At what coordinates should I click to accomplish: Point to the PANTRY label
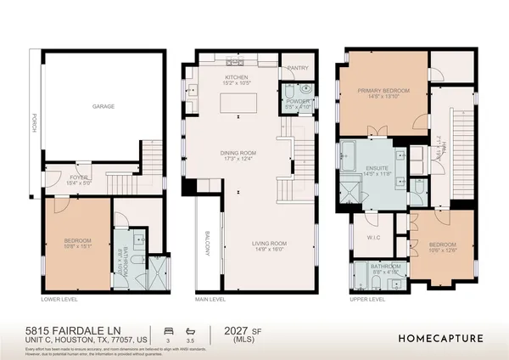tap(298, 68)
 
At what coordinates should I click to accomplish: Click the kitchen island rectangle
tap(238, 104)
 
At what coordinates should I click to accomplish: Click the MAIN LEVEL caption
tap(210, 300)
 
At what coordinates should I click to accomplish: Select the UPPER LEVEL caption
tap(366, 300)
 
